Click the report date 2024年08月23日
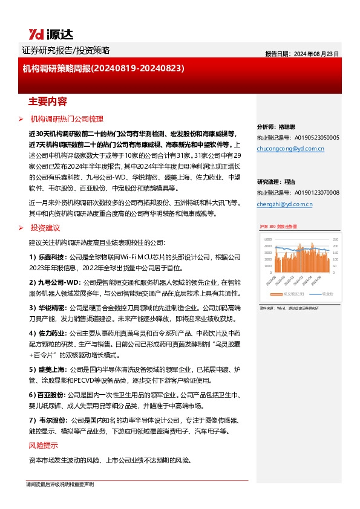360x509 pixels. tap(301, 53)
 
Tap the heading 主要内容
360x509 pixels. tap(48, 100)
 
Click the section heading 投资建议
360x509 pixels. tap(45, 228)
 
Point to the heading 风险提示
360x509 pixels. tap(44, 446)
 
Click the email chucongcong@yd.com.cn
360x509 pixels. tap(290, 148)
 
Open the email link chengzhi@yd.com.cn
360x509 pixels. tap(284, 204)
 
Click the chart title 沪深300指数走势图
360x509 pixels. tap(277, 227)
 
